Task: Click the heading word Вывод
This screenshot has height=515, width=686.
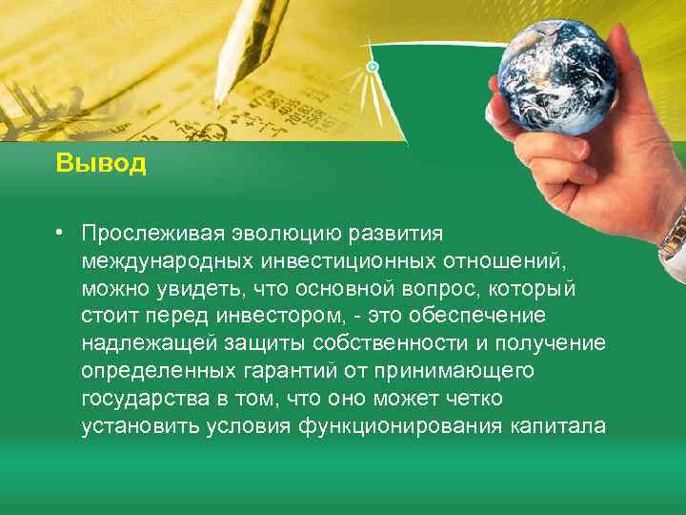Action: (x=100, y=163)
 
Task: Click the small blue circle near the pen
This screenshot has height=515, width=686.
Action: (x=373, y=67)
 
